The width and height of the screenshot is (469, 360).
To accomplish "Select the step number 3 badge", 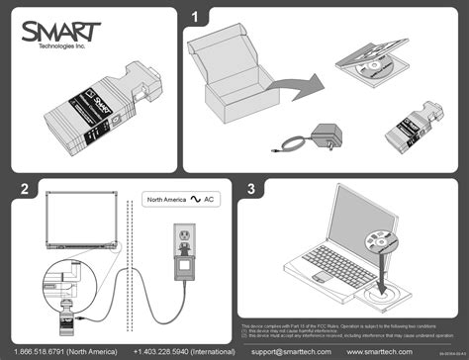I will pyautogui.click(x=252, y=188).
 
